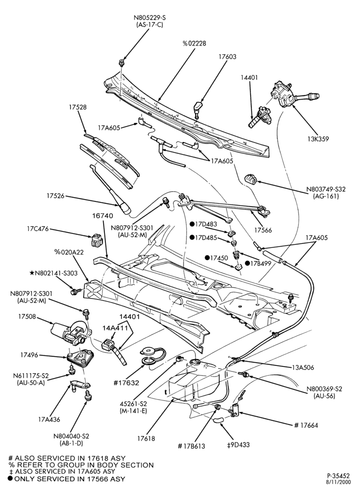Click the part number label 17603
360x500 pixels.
227,57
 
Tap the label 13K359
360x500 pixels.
318,138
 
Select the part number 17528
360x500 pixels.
77,107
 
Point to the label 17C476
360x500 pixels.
37,228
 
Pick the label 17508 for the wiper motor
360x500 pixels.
27,317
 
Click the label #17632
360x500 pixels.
127,382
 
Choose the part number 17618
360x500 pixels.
146,438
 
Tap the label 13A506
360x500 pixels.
303,367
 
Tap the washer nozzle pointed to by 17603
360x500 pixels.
198,107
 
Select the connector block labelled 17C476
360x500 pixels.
96,240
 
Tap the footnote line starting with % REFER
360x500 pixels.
81,465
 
